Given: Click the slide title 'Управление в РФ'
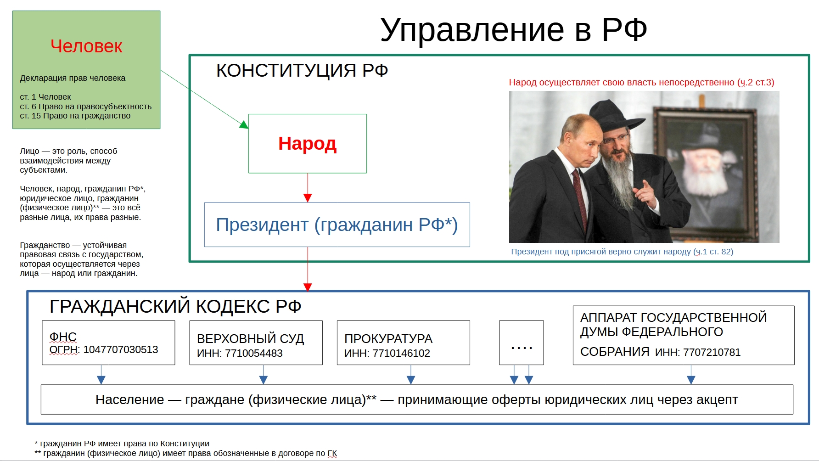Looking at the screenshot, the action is click(513, 30).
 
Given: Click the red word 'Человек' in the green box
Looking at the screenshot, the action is click(86, 46).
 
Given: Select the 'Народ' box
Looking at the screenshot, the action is click(308, 143).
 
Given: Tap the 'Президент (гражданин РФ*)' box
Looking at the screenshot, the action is click(337, 225).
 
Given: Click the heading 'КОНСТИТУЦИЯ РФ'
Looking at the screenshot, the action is click(302, 71).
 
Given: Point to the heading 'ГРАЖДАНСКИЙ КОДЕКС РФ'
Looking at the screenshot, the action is click(175, 307).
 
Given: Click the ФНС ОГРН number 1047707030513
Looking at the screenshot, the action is click(121, 350).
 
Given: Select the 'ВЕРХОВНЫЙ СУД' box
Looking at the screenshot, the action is click(256, 343).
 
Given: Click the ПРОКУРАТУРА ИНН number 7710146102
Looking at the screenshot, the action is click(401, 354).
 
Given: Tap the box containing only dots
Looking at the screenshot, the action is click(522, 343).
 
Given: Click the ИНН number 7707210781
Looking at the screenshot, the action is click(712, 353).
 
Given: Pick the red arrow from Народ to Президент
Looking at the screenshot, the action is click(308, 188).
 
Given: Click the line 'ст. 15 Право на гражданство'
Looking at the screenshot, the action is click(75, 116).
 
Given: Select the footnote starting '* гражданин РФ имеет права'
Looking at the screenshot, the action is click(122, 444).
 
